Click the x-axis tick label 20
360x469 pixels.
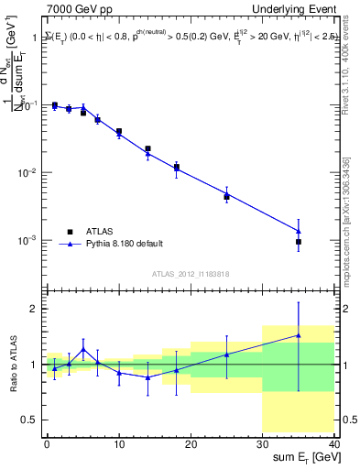tap(191, 442)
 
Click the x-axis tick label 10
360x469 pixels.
tap(118, 442)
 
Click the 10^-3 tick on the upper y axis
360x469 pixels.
tap(28, 240)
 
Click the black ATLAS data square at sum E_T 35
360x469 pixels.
tap(299, 242)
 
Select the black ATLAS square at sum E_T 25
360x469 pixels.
tap(226, 197)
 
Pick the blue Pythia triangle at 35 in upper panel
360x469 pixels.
tap(299, 231)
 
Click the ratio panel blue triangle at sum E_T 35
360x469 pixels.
tap(299, 335)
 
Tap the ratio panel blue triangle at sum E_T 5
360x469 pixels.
tap(83, 349)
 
